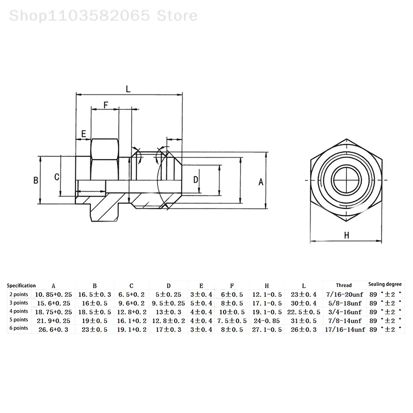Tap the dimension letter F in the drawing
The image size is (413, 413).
(x=105, y=105)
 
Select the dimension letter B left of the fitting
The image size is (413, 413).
(x=36, y=181)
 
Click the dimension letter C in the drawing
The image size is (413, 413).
(x=57, y=177)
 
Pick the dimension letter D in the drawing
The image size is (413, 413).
(x=196, y=179)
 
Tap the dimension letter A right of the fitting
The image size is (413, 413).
(x=261, y=182)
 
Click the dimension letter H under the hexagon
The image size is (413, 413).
(x=347, y=236)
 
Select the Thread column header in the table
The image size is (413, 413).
(x=343, y=285)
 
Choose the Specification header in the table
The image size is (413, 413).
(x=21, y=285)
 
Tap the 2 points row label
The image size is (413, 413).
(x=19, y=294)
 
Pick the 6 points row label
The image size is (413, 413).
(x=19, y=328)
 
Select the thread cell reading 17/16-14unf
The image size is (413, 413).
(x=343, y=329)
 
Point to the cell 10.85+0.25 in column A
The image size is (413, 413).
(x=54, y=294)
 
